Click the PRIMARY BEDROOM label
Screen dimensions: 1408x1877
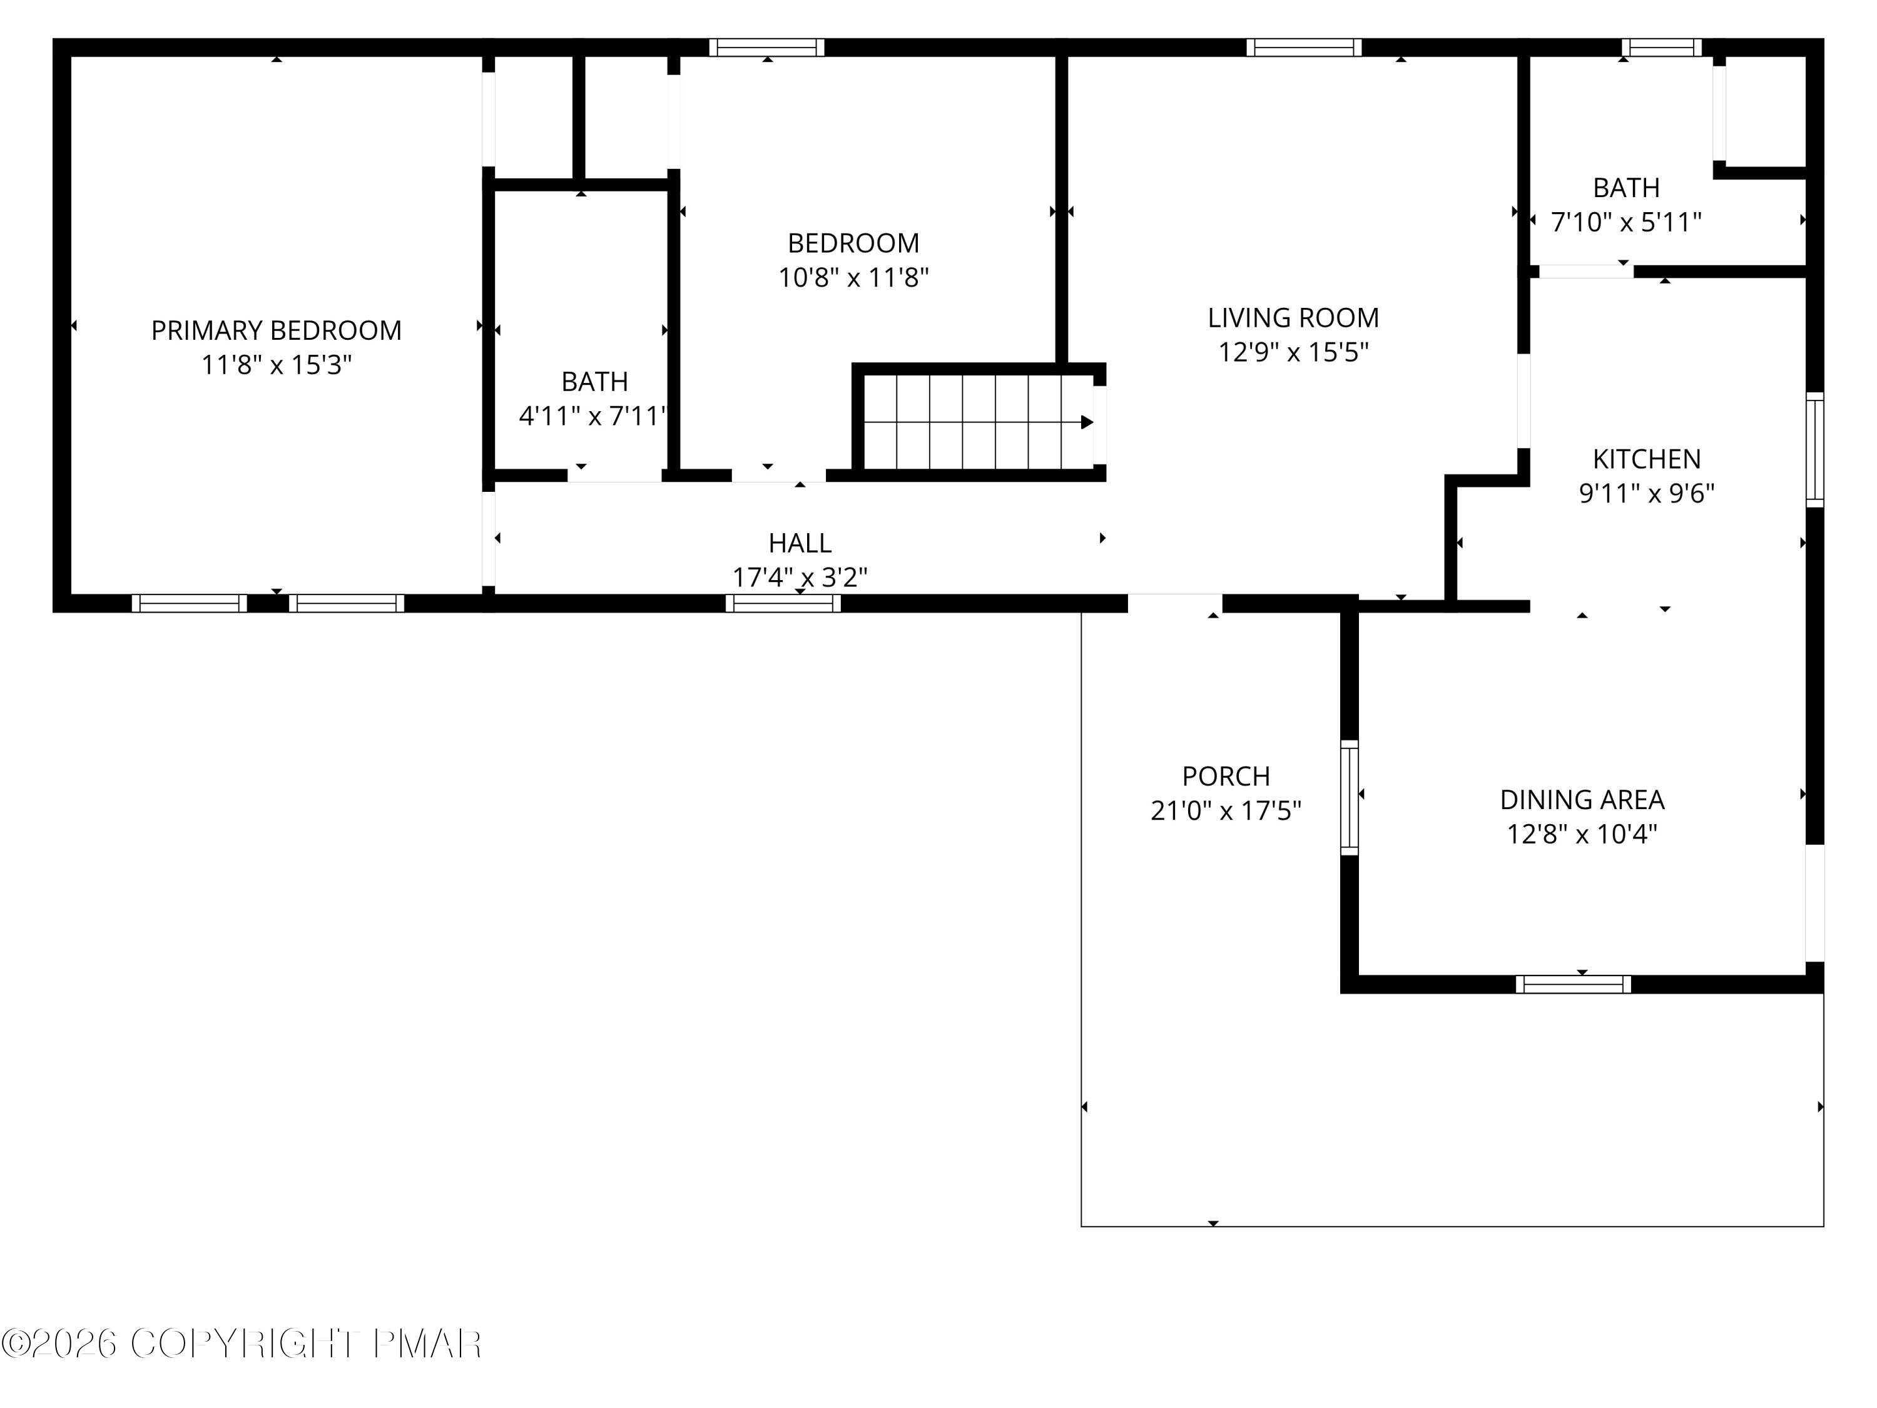click(x=276, y=330)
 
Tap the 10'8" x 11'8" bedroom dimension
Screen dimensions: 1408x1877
click(x=853, y=277)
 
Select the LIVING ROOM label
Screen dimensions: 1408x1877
click(x=1293, y=317)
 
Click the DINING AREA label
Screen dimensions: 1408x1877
click(x=1581, y=800)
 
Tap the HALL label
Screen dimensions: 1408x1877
click(x=800, y=543)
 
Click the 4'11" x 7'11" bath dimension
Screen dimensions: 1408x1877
click(x=593, y=416)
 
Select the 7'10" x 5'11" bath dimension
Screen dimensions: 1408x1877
click(x=1625, y=222)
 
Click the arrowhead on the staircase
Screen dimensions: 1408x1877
click(x=1086, y=422)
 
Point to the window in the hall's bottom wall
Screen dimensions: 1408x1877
click(x=782, y=603)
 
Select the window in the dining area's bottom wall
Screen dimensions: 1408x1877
click(x=1572, y=984)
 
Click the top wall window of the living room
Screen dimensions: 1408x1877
click(x=1303, y=48)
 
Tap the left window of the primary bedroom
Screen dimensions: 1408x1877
click(x=189, y=603)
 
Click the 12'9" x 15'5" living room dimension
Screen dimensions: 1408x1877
click(x=1293, y=352)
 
